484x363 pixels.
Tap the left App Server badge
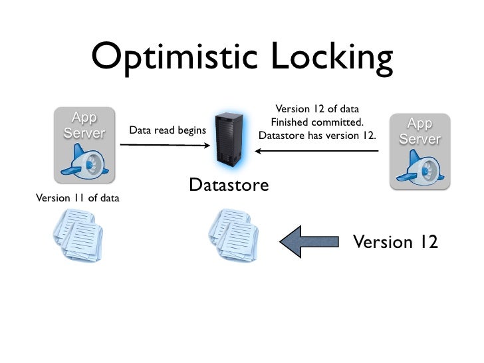click(x=84, y=126)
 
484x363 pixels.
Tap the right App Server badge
click(x=420, y=132)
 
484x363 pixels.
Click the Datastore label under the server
click(x=229, y=185)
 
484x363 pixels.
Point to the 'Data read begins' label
click(x=167, y=130)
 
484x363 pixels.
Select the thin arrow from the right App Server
click(x=317, y=151)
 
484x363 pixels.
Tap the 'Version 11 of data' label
click(x=73, y=197)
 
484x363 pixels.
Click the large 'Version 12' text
click(x=395, y=242)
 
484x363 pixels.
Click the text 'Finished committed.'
click(x=317, y=122)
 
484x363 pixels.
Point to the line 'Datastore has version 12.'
click(x=317, y=136)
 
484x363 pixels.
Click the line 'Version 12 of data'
click(x=317, y=109)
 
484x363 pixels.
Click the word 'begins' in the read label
click(x=190, y=130)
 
